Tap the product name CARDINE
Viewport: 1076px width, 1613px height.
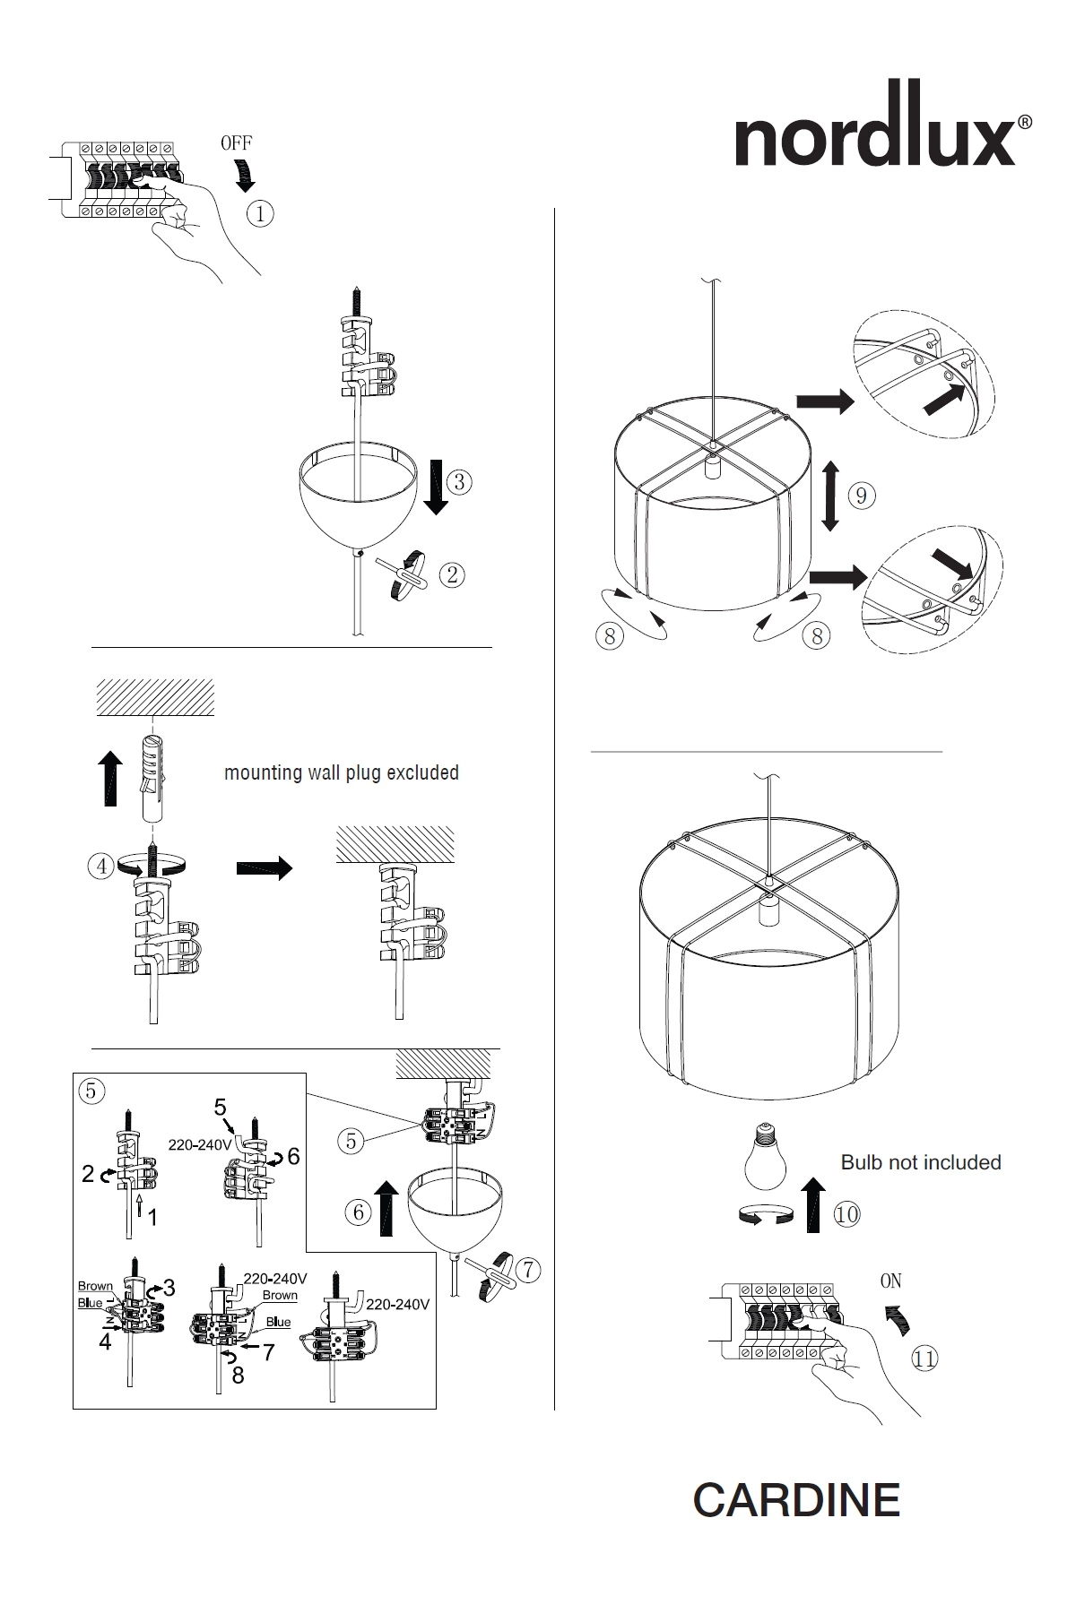(x=796, y=1499)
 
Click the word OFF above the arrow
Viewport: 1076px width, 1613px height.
(x=237, y=142)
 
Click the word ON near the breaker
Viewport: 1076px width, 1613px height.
(x=890, y=1281)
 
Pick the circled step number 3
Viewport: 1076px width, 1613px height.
(x=458, y=482)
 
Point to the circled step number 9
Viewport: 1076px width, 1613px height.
(x=861, y=495)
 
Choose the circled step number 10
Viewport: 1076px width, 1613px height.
(x=846, y=1214)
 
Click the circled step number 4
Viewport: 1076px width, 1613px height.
(x=101, y=867)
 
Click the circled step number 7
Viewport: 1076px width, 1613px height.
(x=530, y=1269)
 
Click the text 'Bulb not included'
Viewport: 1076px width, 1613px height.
(x=921, y=1162)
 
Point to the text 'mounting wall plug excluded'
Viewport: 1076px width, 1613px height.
(x=342, y=772)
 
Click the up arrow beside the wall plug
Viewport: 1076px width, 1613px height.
(x=110, y=779)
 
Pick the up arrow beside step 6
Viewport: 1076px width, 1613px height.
(x=386, y=1207)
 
